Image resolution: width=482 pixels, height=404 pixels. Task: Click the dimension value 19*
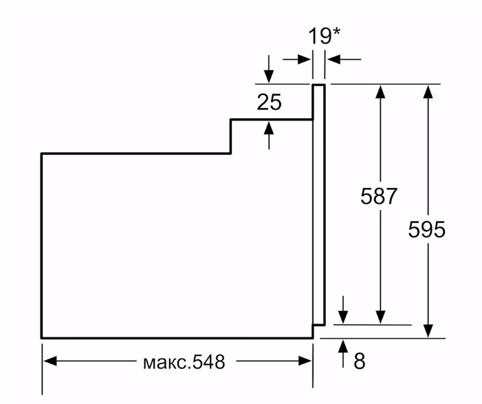coord(323,36)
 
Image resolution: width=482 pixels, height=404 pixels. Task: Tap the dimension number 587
coord(379,196)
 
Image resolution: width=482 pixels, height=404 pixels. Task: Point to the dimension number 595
coord(427,230)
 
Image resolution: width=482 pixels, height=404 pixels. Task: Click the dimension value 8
coord(359,361)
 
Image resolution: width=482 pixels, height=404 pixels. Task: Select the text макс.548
coord(183,362)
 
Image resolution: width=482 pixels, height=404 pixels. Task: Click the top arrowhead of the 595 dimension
coord(428,91)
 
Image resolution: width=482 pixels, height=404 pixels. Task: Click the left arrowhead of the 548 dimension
coord(50,361)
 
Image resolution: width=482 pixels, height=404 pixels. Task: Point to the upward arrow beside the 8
coord(343,348)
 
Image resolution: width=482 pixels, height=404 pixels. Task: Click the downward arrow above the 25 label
coord(269,75)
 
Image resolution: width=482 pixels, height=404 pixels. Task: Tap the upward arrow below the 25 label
coord(269,128)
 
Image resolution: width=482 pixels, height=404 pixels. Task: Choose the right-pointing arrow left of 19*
coord(303,60)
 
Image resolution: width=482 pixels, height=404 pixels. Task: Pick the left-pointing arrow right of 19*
coord(333,60)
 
